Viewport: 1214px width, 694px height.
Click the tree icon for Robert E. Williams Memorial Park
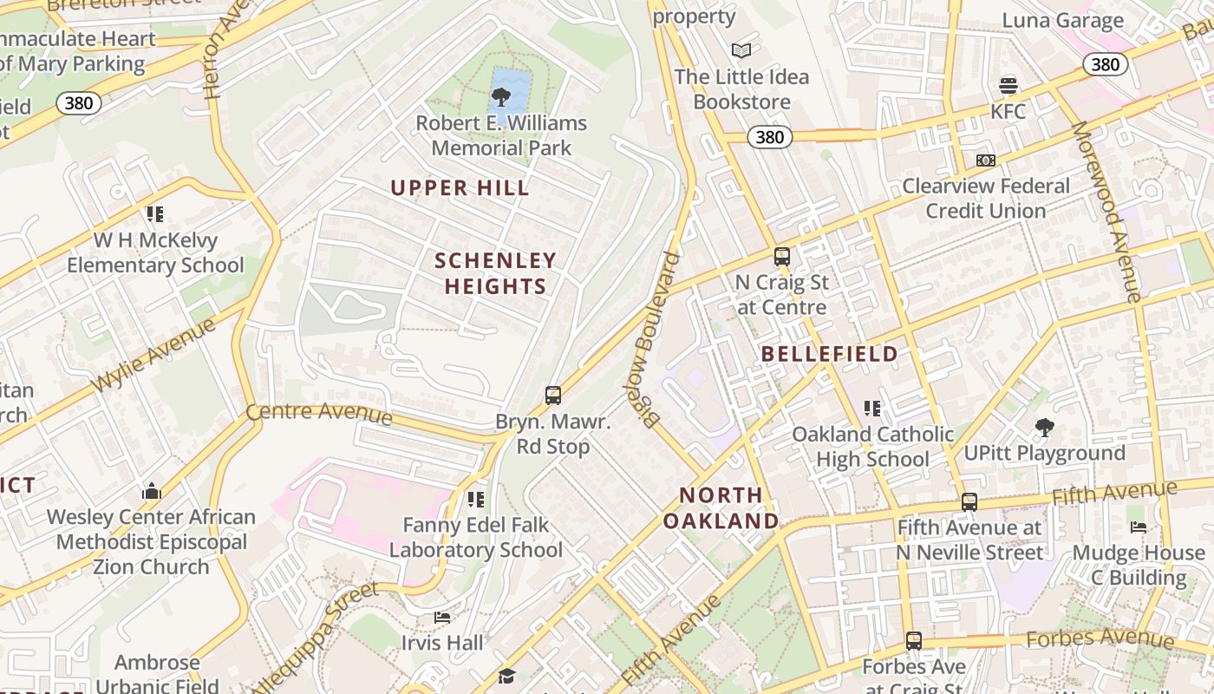tap(500, 96)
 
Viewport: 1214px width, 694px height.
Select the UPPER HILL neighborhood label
tap(460, 187)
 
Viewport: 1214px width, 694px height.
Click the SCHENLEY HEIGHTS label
tap(495, 273)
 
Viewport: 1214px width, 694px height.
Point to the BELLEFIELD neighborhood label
tap(830, 354)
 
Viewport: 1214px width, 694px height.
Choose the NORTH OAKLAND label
tap(721, 508)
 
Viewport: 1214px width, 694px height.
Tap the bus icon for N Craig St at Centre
tap(782, 257)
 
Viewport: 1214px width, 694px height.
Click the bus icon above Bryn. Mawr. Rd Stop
tap(553, 396)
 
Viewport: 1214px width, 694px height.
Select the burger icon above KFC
tap(1008, 86)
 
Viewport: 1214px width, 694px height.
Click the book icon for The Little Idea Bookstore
tap(741, 50)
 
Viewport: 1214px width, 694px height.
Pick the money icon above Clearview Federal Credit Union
tap(986, 160)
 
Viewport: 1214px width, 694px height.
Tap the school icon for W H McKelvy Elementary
tap(155, 214)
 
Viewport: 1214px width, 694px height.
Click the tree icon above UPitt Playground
tap(1045, 427)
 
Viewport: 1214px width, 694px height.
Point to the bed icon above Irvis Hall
tap(442, 618)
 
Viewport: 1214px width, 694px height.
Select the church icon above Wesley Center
tap(152, 492)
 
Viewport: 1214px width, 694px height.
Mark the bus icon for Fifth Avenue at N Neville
tap(969, 501)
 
